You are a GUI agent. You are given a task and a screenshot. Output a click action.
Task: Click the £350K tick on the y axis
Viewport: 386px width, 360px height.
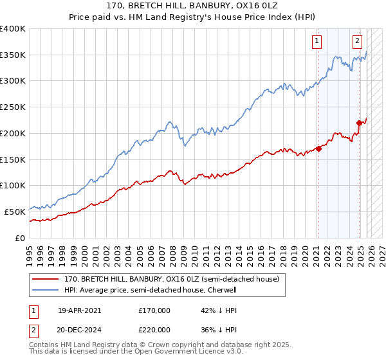click(13, 55)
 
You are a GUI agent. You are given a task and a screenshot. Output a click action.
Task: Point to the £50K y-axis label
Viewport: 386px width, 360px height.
click(15, 212)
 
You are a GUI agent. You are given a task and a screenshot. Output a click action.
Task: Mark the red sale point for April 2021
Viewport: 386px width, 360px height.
click(318, 148)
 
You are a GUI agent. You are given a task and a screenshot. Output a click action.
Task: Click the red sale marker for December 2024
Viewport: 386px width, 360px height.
click(359, 123)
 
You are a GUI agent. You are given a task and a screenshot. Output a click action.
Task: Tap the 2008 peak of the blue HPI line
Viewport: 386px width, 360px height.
click(169, 121)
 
